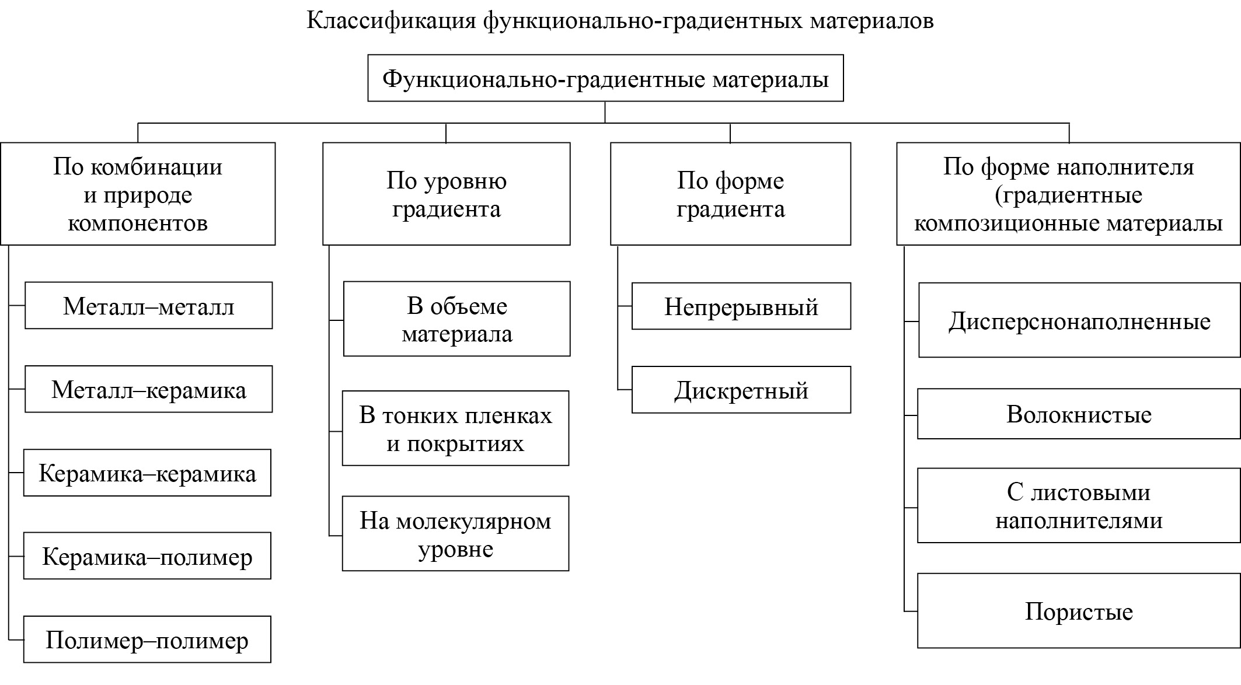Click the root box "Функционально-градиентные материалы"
[605, 78]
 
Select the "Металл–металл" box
[148, 306]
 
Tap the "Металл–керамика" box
[148, 389]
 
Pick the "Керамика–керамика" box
[147, 473]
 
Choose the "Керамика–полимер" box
[147, 556]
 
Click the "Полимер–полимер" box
[147, 639]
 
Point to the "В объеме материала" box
[456, 319]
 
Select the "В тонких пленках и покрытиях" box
[455, 428]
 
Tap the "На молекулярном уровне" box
[455, 533]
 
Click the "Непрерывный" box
[741, 306]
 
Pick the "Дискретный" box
[741, 390]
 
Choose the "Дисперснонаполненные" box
[1079, 320]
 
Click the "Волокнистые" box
[1079, 414]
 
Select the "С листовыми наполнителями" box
[1079, 505]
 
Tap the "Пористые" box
[1079, 611]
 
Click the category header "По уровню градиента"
[446, 194]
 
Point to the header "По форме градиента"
[730, 194]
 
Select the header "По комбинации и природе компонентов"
[138, 194]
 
